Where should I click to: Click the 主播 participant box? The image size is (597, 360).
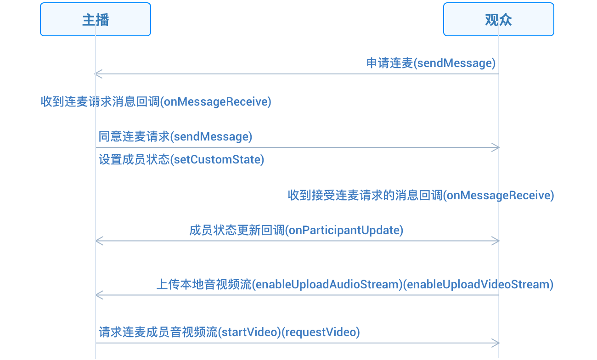pos(96,19)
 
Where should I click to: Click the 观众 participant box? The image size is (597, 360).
pos(499,19)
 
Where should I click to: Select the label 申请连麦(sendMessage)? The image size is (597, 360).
pos(431,63)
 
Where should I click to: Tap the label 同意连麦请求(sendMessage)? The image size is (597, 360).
pos(175,137)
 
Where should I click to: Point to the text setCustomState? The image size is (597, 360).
pos(217,160)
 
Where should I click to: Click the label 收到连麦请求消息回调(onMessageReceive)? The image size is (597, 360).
pos(156,102)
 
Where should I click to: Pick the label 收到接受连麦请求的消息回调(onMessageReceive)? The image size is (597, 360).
pos(421,195)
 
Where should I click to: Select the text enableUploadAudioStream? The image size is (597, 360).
pos(327,285)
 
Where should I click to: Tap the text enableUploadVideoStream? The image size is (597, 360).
pos(478,285)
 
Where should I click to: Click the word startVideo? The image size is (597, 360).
pos(249,332)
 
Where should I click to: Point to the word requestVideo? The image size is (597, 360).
pos(321,332)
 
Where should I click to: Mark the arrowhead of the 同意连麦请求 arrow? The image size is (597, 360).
pos(496,147)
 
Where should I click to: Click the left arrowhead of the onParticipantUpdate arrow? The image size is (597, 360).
pos(99,241)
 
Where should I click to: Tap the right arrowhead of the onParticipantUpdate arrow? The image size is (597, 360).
pos(496,241)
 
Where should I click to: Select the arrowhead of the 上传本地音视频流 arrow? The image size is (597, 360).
pos(99,295)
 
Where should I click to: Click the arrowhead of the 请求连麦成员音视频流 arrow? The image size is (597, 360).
pos(496,343)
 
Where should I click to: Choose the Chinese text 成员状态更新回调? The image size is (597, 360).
pos(237,231)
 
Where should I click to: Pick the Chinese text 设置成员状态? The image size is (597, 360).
pos(134,160)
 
